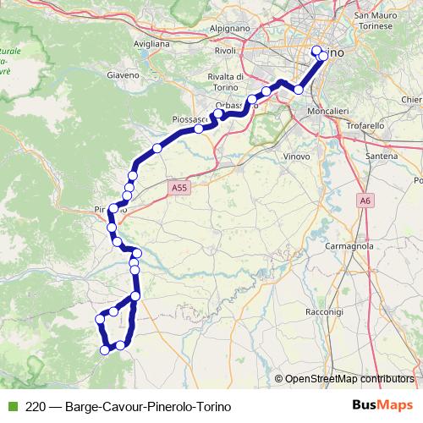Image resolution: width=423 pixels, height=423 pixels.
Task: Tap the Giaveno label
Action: point(123,74)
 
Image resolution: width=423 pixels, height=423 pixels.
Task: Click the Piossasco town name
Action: point(190,119)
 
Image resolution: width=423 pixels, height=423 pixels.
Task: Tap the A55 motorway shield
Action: point(178,189)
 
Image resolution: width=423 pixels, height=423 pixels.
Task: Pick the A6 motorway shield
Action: point(365,201)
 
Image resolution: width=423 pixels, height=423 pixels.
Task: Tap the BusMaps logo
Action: point(383,405)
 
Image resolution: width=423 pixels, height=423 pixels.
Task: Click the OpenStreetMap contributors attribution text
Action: point(348,379)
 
